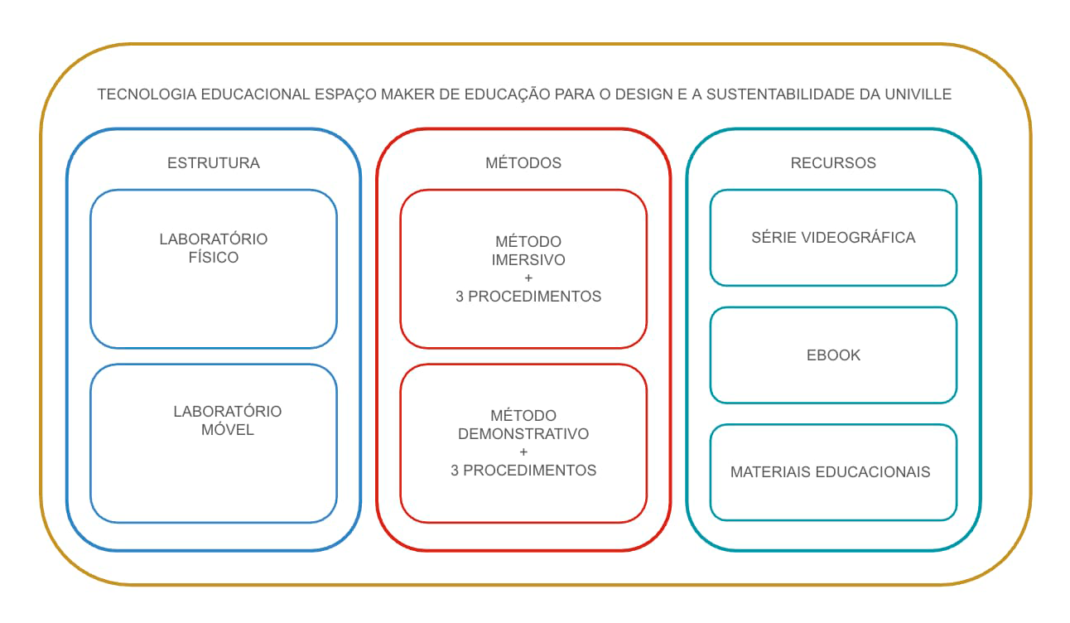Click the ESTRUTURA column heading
click(214, 163)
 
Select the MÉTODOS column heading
click(523, 163)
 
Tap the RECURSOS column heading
click(833, 163)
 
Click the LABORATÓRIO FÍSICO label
click(214, 249)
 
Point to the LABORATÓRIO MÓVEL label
click(228, 421)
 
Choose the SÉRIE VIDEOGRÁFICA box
click(833, 238)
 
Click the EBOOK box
click(833, 355)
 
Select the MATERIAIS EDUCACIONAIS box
click(831, 472)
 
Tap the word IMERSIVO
click(528, 260)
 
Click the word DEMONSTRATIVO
click(523, 434)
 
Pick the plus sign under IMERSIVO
click(528, 278)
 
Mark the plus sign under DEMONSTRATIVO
click(523, 452)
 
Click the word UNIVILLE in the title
click(918, 94)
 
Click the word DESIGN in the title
click(643, 94)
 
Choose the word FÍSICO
click(214, 258)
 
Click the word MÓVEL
click(228, 430)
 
